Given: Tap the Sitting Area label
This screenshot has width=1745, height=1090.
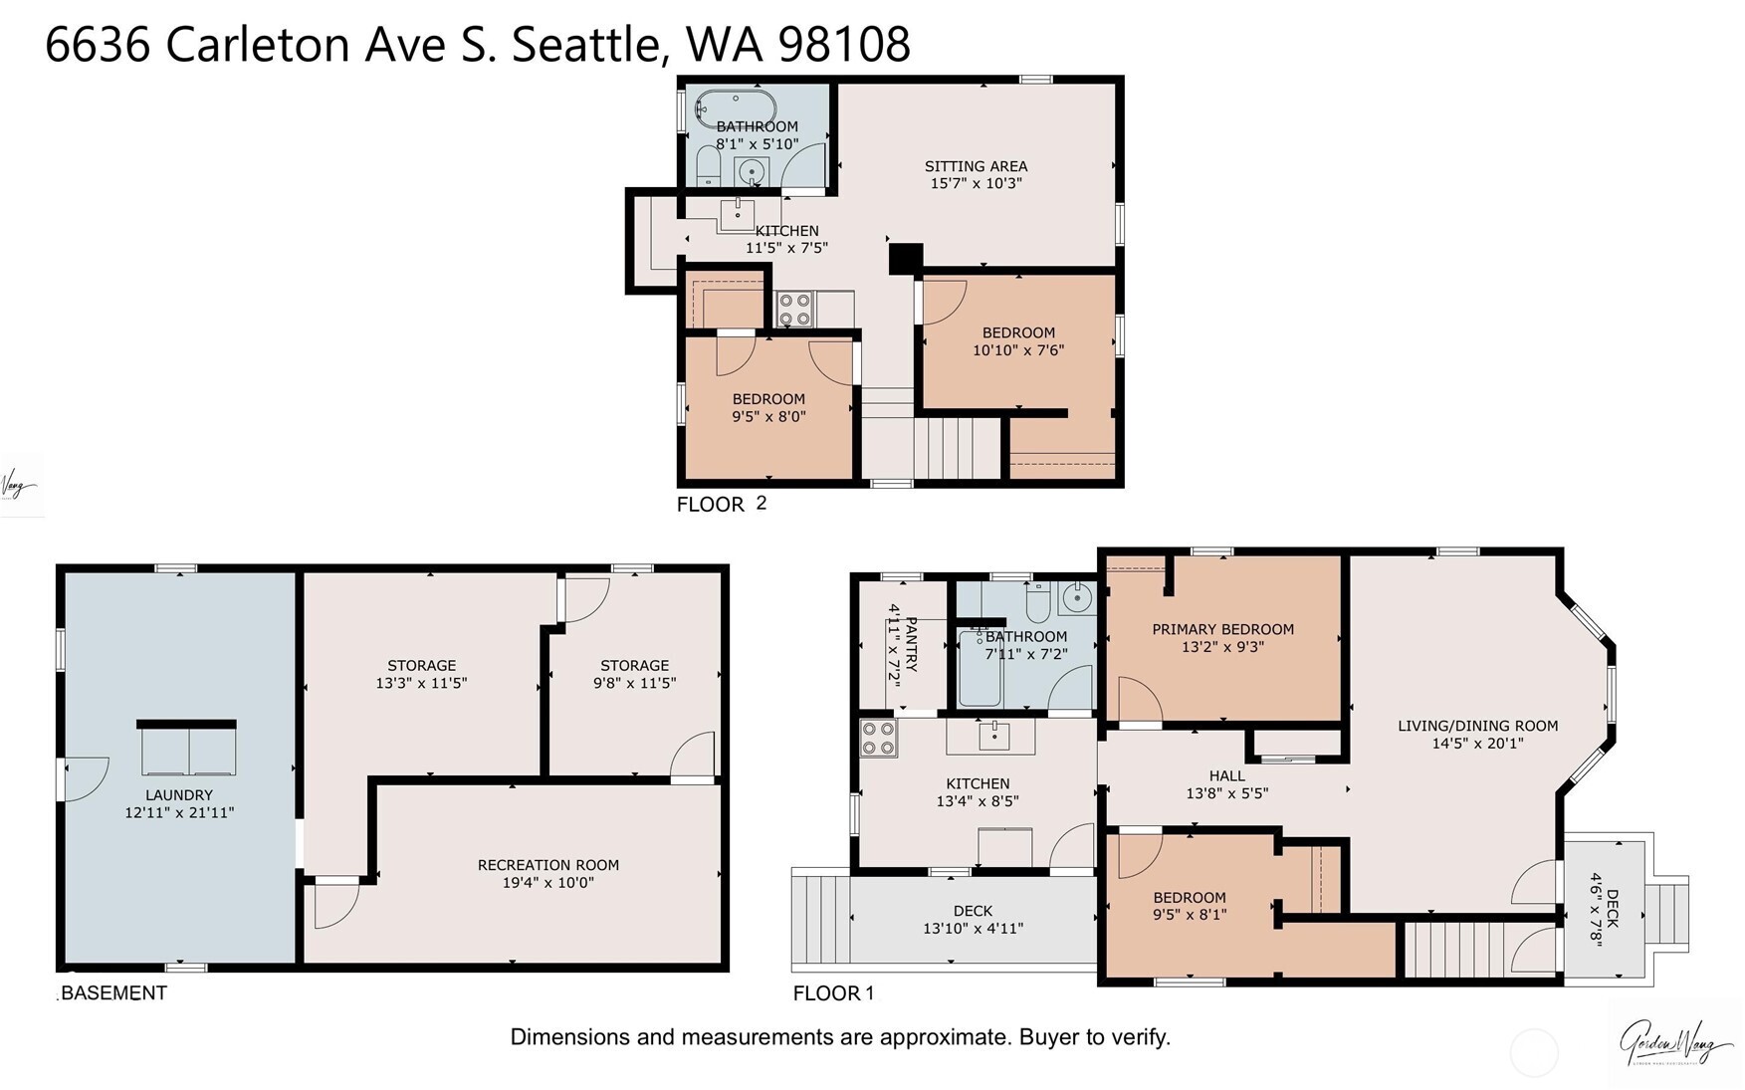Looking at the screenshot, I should coord(976,166).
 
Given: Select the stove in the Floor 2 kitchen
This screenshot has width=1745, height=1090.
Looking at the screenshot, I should coord(795,309).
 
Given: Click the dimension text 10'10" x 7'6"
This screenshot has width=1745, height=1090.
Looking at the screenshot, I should coord(1018,350).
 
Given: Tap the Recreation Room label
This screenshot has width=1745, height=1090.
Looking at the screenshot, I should coord(547,865).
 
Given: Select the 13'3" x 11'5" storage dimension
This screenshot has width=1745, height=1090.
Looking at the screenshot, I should coord(421,683).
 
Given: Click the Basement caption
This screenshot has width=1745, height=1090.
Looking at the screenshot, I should coord(112,992).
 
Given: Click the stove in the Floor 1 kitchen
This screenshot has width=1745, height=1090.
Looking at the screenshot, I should coord(878,738).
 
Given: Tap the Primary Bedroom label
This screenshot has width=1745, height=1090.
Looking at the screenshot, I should coord(1222,629).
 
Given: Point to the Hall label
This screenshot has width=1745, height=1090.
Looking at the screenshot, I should coord(1226,775).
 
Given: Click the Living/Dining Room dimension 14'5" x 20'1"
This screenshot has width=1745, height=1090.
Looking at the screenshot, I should coord(1477,743).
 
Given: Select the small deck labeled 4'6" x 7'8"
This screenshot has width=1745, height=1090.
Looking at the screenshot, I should coord(1606,908).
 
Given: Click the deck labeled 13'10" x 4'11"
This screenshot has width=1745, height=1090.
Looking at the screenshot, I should coord(973,919).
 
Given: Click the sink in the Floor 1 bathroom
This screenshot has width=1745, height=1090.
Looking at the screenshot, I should coord(1075,598).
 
